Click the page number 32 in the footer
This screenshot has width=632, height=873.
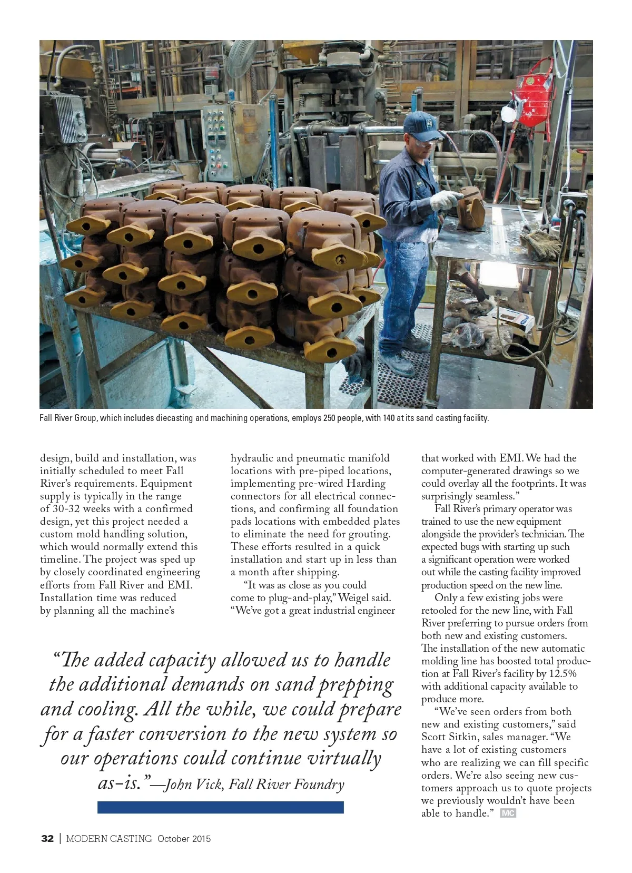tap(47, 839)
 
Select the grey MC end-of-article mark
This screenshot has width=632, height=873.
tap(508, 813)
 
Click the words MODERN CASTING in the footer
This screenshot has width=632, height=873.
tap(109, 839)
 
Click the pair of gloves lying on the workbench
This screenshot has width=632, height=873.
tap(542, 243)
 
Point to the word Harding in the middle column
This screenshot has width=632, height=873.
tap(367, 484)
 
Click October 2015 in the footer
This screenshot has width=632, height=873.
tap(184, 839)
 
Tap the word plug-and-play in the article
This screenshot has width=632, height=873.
tap(300, 598)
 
